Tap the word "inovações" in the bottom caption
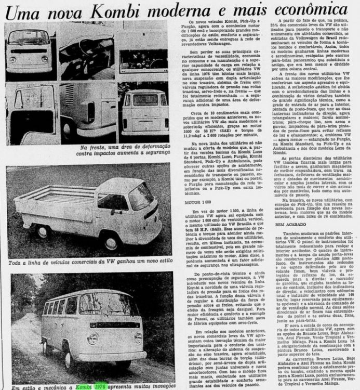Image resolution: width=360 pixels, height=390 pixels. [x=158, y=386]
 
